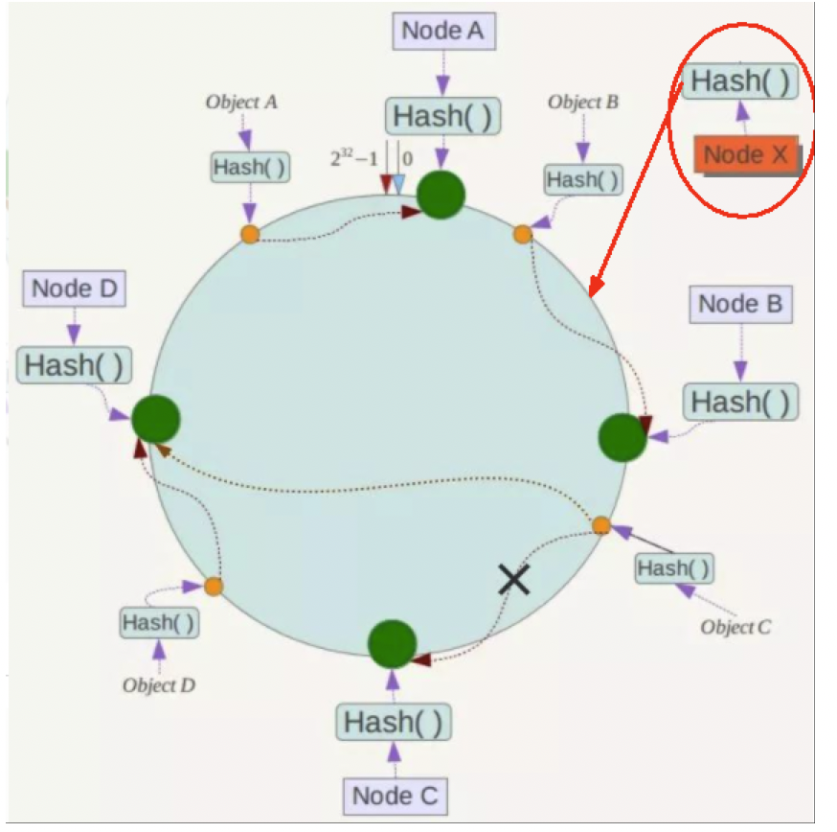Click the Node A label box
pyautogui.click(x=441, y=31)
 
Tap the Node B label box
pyautogui.click(x=740, y=305)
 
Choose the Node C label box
pyautogui.click(x=394, y=795)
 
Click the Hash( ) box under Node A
pyautogui.click(x=442, y=116)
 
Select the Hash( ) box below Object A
pyautogui.click(x=249, y=167)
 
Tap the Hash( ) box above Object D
pyautogui.click(x=159, y=622)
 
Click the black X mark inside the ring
pyautogui.click(x=514, y=579)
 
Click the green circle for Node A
pyautogui.click(x=441, y=195)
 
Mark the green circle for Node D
pyautogui.click(x=156, y=420)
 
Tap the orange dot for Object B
pyautogui.click(x=522, y=234)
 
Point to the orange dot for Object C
pyautogui.click(x=601, y=525)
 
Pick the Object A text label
pyautogui.click(x=241, y=102)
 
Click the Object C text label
pyautogui.click(x=735, y=628)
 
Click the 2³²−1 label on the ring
pyautogui.click(x=354, y=158)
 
